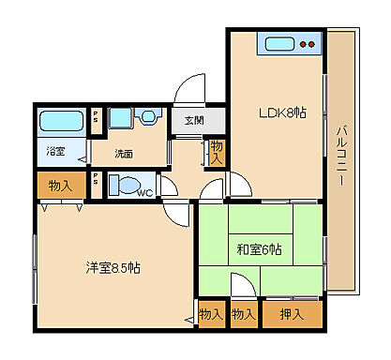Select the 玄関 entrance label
[194, 120]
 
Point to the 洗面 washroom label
[125, 153]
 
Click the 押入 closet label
[292, 314]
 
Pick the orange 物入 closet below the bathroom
[61, 186]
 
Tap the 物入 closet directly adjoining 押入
[244, 314]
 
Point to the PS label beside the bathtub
[96, 118]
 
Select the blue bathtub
[61, 122]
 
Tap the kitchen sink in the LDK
[280, 43]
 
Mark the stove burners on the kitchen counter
[308, 43]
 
